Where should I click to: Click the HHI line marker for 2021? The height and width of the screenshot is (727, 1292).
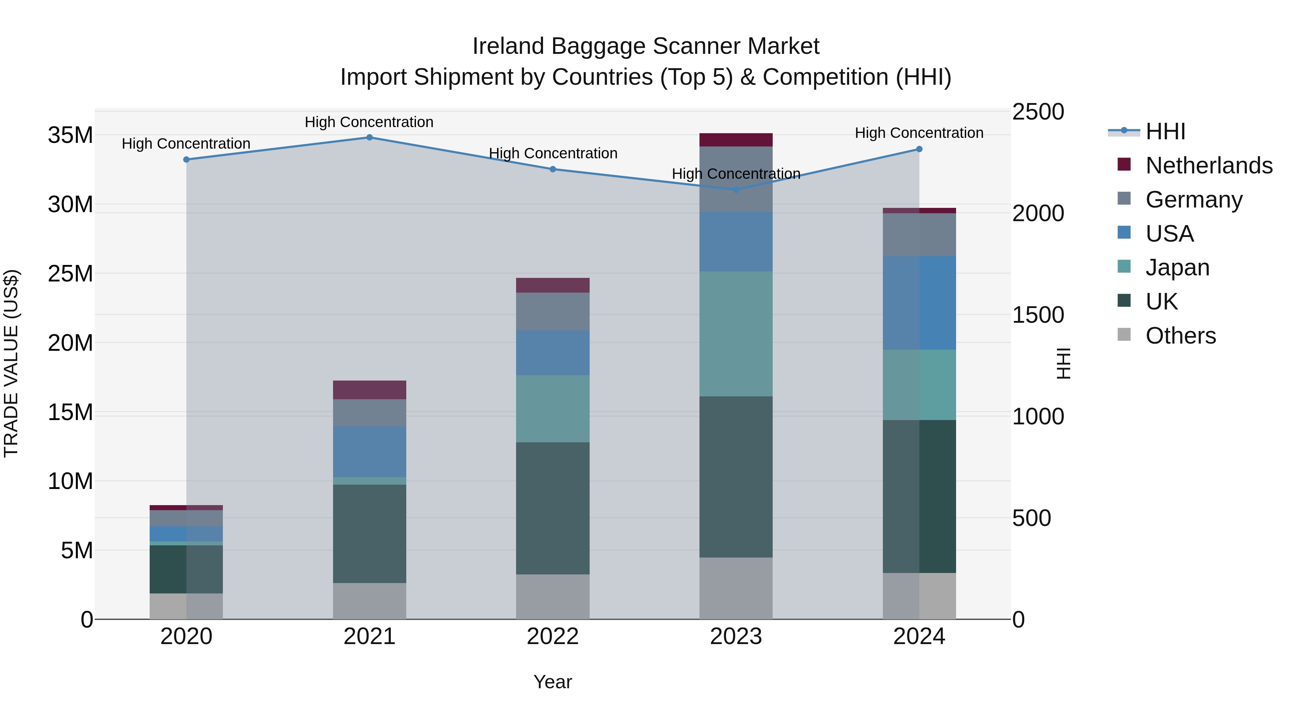369,138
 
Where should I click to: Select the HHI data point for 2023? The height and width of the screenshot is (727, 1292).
736,190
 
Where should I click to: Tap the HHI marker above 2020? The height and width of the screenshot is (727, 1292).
186,159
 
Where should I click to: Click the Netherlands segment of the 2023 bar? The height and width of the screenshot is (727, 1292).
736,140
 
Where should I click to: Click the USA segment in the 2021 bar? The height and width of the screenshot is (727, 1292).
369,452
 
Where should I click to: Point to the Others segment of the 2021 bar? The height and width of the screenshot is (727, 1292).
369,601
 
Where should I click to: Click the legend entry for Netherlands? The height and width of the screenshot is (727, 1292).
1209,166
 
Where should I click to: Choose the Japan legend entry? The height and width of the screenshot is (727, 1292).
1177,267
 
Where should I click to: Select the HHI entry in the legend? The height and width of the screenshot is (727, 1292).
1165,131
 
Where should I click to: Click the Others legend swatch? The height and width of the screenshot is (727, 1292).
1124,335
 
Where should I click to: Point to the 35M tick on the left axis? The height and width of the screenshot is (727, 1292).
70,135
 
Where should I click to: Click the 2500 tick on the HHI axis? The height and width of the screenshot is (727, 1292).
1038,112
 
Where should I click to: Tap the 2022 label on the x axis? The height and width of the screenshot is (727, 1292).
553,637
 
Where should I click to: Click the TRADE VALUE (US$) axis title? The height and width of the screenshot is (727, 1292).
11,363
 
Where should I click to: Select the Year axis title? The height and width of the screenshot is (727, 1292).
553,682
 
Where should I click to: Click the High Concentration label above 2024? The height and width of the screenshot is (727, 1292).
919,133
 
